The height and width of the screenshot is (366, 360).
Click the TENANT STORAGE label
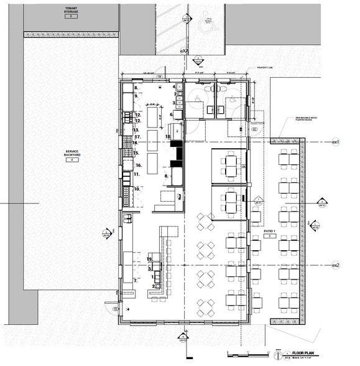click(x=70, y=9)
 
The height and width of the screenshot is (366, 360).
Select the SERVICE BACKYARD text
click(x=72, y=154)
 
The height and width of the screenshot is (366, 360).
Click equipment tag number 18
click(x=167, y=136)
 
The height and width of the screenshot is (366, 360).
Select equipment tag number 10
click(x=136, y=189)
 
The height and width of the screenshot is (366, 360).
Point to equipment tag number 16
click(x=139, y=165)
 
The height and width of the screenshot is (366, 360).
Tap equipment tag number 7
click(x=136, y=281)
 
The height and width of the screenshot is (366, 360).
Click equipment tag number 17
click(x=139, y=136)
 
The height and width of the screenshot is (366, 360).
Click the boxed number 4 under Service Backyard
click(x=72, y=160)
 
